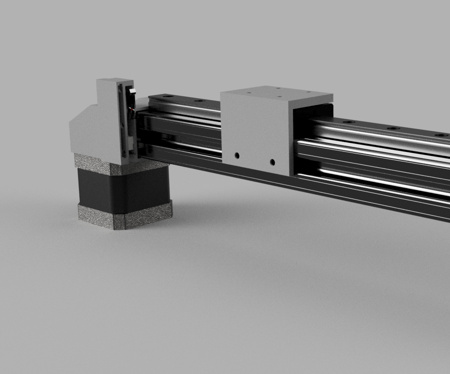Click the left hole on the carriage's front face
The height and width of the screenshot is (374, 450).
click(x=237, y=156)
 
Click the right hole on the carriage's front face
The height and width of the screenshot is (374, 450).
click(x=272, y=161)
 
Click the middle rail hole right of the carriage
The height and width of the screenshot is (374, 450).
click(x=393, y=129)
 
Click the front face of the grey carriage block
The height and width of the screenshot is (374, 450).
click(x=253, y=134)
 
